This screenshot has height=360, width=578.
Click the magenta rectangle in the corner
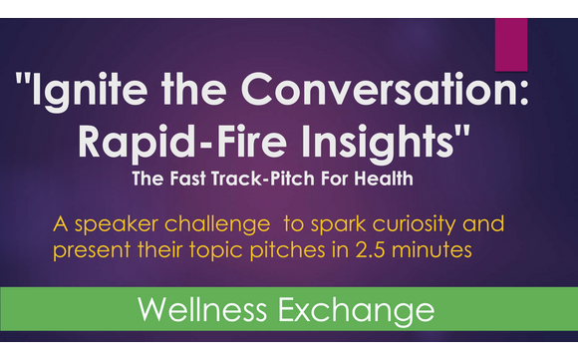[x=511, y=44]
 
